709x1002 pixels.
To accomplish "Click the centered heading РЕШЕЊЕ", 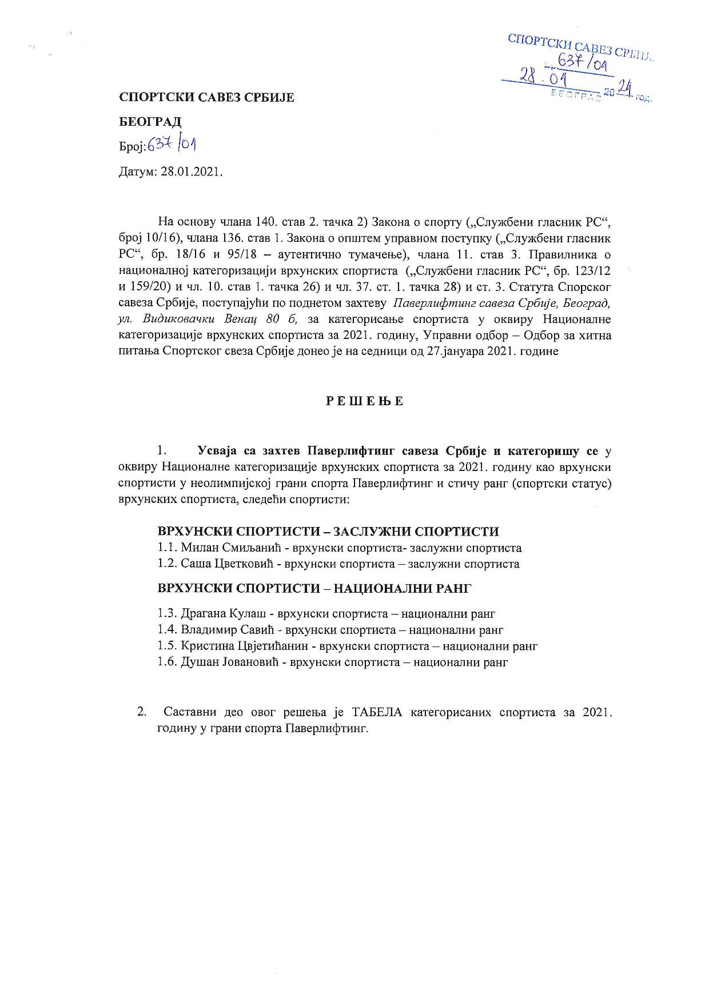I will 365,401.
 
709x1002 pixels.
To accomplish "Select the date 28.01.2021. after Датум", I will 191,172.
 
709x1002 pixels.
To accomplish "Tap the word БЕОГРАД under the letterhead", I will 150,122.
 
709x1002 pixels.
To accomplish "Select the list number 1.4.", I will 168,630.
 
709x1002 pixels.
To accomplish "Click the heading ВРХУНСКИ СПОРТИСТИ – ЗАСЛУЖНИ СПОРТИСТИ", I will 328,532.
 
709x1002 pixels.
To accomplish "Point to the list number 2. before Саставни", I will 141,712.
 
